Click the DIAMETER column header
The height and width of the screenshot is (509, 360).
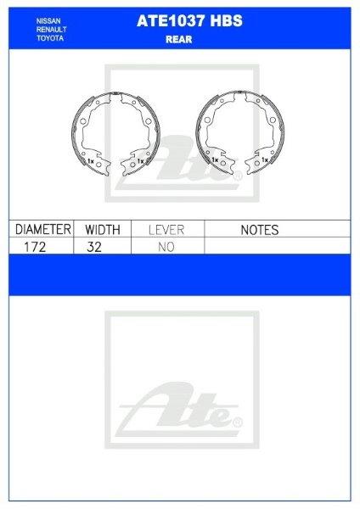pyautogui.click(x=41, y=229)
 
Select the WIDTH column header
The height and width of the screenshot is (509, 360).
pyautogui.click(x=104, y=229)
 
